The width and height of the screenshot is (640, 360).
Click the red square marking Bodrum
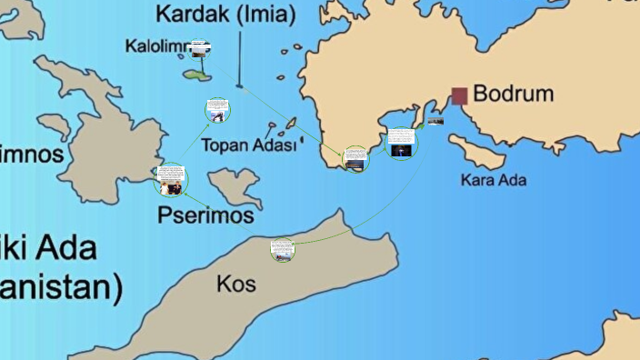(459, 95)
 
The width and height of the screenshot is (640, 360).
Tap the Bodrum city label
(513, 95)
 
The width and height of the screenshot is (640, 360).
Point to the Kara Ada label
(494, 180)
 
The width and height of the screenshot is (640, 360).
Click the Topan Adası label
(248, 145)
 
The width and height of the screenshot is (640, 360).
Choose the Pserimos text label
(205, 215)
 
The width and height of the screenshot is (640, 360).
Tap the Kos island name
(236, 285)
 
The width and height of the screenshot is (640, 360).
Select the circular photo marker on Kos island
(282, 250)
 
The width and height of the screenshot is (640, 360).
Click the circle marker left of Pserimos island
(171, 180)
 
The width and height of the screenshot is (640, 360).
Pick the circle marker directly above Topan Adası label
(217, 111)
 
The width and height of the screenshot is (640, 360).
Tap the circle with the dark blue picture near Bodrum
(401, 144)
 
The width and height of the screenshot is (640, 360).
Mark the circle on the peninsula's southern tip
(355, 159)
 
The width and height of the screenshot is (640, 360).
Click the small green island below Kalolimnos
(195, 75)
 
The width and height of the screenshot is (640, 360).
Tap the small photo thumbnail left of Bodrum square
(435, 119)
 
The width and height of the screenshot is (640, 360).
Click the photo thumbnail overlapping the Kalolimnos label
(200, 46)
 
